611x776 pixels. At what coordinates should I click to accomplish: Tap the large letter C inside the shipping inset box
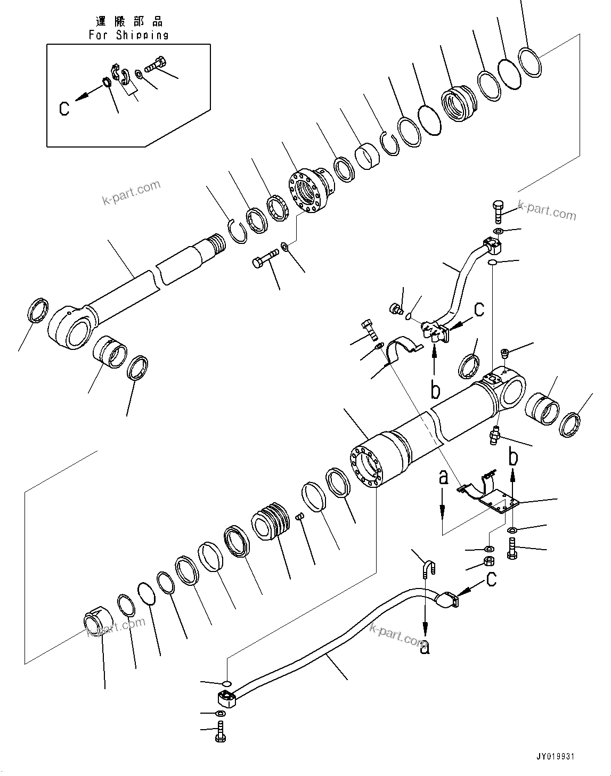(64, 108)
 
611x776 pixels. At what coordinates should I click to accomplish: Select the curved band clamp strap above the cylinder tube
(402, 347)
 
